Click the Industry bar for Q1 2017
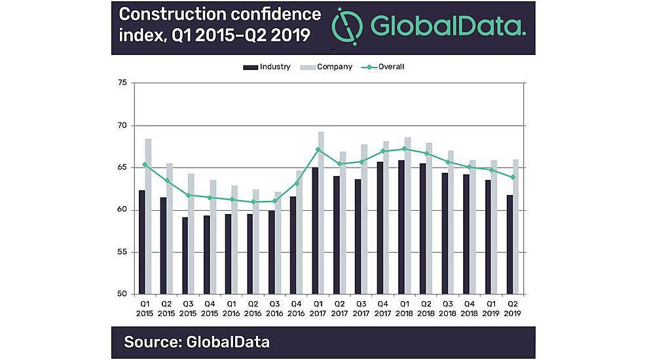[x=316, y=230]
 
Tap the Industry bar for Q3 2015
[x=185, y=255]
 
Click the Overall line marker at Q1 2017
[x=318, y=149]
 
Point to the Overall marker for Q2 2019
[x=513, y=177]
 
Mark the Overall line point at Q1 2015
[x=145, y=164]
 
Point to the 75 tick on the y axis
[x=122, y=83]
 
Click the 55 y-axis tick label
[x=122, y=252]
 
